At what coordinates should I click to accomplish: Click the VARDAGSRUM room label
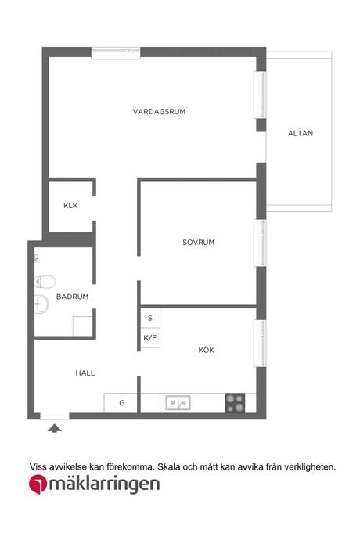tap(159, 112)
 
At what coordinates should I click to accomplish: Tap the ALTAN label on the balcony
tap(301, 133)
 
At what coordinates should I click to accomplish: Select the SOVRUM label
tap(199, 242)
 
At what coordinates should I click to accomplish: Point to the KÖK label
tap(206, 350)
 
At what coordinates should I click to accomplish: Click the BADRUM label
tap(72, 297)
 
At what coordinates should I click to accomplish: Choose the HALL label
tap(85, 373)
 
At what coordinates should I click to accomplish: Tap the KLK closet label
tap(70, 206)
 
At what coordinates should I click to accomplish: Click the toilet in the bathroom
tap(45, 282)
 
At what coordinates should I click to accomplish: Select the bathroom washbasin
tap(41, 304)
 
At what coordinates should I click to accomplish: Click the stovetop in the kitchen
tap(236, 403)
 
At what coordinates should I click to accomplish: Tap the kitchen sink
tap(178, 402)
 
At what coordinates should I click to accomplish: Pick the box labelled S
tap(150, 318)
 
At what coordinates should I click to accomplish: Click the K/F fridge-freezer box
tap(150, 337)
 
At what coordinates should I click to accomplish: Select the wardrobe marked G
tap(121, 403)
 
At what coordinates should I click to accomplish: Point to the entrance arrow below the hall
tap(55, 428)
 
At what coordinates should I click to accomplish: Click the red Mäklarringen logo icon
tap(38, 484)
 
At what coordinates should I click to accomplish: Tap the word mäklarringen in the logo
tap(104, 484)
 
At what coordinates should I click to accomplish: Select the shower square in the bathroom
tap(83, 326)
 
